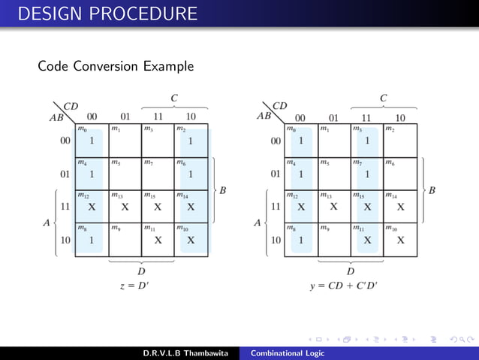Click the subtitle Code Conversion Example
(116, 67)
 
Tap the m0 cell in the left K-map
(92, 141)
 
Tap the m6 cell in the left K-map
(191, 174)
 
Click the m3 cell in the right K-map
(366, 141)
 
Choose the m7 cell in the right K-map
(366, 174)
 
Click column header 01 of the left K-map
(125, 116)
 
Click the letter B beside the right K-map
(432, 190)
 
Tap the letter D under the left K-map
(141, 271)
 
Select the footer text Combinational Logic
(288, 354)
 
